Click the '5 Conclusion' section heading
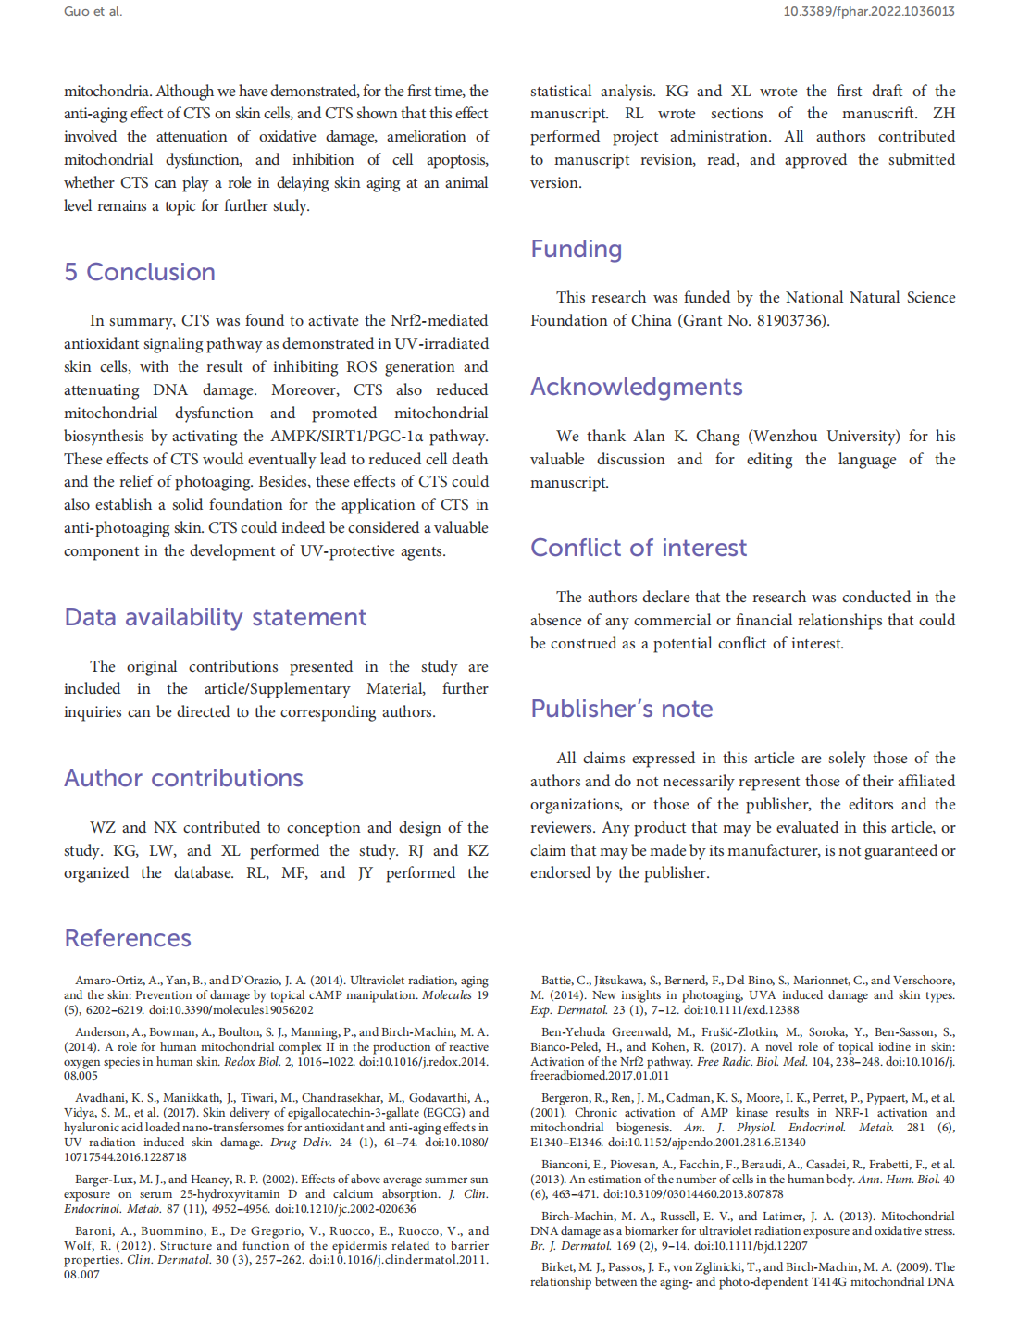pos(140,272)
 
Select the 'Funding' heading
pos(576,249)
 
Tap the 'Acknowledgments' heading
pos(636,387)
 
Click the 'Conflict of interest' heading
pos(638,548)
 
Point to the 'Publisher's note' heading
pos(621,709)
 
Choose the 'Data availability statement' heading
pos(215,617)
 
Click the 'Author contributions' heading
pos(183,778)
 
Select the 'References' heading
pos(128,938)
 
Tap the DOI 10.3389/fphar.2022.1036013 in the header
pos(868,12)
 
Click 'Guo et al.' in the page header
pos(93,12)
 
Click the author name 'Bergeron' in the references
pos(566,1098)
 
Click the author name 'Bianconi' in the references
pos(565,1165)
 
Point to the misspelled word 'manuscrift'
pos(879,113)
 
